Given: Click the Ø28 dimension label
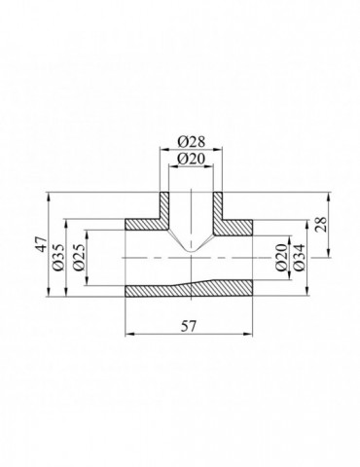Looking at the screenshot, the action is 192,141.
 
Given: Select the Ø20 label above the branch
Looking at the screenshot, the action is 192,159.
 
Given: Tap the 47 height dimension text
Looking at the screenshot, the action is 42,244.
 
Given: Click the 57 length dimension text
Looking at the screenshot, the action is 189,326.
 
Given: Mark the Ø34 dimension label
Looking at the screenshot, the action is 299,258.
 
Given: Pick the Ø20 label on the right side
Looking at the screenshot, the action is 281,258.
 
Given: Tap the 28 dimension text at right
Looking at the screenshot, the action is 321,224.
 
